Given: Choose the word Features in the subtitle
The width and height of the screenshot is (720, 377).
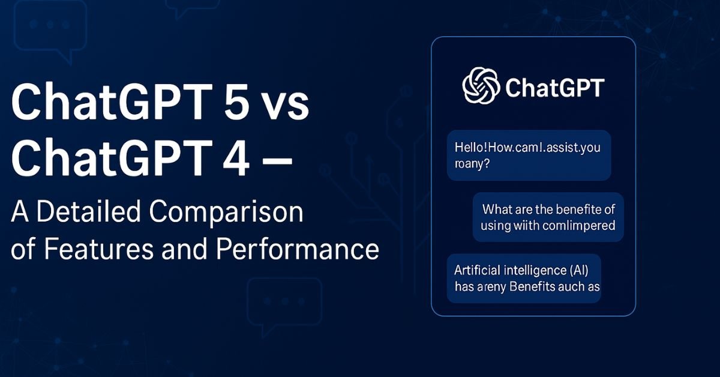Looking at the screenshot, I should tap(91, 249).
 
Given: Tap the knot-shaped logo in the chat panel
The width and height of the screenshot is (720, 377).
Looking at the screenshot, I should tap(481, 85).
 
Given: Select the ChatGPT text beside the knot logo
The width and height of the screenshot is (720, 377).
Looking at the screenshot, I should tap(554, 87).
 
